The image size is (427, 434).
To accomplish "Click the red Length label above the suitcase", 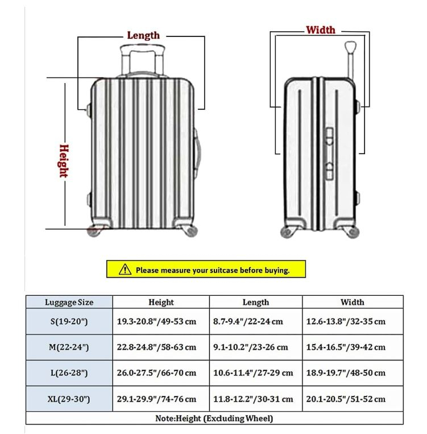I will [x=143, y=35].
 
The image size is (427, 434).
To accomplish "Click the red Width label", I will [x=321, y=30].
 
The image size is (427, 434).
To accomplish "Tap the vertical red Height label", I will [x=63, y=160].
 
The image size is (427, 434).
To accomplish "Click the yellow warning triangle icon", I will [x=125, y=270].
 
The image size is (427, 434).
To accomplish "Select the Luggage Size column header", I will [x=69, y=302].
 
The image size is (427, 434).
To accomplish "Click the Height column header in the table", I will [x=161, y=302].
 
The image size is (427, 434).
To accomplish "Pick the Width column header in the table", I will [x=352, y=302].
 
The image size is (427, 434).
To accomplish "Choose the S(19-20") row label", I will [x=69, y=321].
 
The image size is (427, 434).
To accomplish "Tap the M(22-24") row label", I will [x=69, y=346].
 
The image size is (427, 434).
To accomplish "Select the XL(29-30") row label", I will [x=69, y=399].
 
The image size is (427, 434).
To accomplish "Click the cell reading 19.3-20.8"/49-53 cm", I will [x=156, y=321].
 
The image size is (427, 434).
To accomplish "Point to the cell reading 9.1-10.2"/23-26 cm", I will [x=250, y=346].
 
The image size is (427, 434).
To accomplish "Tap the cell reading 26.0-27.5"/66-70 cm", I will [x=156, y=373].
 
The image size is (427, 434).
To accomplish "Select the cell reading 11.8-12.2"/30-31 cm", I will [x=250, y=399].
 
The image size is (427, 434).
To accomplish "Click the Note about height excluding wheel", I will [x=214, y=419].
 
